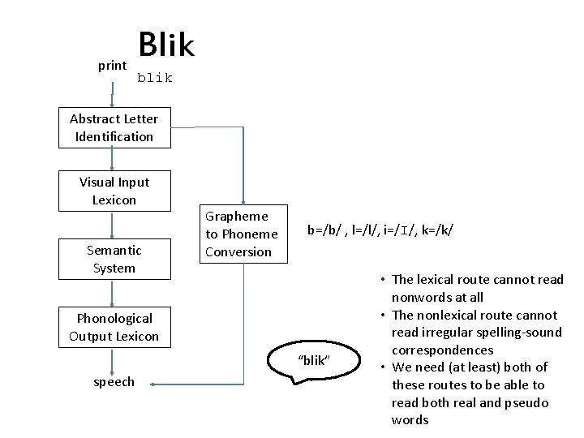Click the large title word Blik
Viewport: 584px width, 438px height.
coord(166,45)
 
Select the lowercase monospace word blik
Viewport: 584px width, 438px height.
coord(155,78)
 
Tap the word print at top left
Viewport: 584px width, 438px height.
coord(112,66)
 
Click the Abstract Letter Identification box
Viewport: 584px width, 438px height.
coord(114,127)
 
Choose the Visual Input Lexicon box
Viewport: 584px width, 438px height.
coord(114,191)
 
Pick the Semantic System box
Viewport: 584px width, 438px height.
coord(114,259)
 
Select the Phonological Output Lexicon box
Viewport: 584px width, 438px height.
coord(114,327)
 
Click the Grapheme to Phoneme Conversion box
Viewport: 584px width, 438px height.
coord(242,234)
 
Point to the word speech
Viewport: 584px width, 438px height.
coord(114,382)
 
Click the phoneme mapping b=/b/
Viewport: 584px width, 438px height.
coord(324,231)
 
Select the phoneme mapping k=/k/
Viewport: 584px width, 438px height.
coord(436,231)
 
